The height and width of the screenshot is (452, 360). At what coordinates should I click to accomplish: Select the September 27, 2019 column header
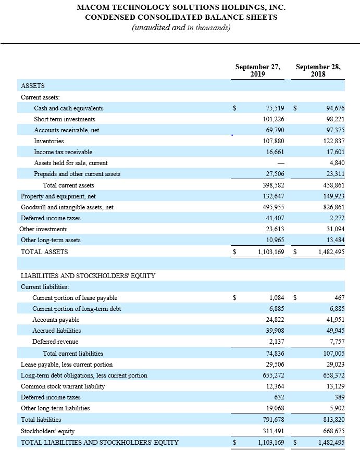pyautogui.click(x=258, y=70)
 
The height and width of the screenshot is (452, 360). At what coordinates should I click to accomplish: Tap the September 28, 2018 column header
pyautogui.click(x=318, y=70)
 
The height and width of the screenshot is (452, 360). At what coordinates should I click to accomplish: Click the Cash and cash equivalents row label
pyautogui.click(x=69, y=108)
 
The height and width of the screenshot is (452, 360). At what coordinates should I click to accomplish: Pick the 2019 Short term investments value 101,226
pyautogui.click(x=272, y=119)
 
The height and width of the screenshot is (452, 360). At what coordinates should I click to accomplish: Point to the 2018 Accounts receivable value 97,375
pyautogui.click(x=333, y=130)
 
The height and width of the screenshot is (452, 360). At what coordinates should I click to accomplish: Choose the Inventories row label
pyautogui.click(x=49, y=141)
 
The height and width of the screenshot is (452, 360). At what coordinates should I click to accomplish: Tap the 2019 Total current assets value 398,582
pyautogui.click(x=272, y=185)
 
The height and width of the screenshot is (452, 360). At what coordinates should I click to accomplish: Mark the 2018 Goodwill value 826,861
pyautogui.click(x=333, y=207)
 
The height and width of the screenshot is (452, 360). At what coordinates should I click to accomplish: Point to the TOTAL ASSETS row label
pyautogui.click(x=44, y=252)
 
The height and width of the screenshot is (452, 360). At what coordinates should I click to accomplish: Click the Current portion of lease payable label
pyautogui.click(x=75, y=298)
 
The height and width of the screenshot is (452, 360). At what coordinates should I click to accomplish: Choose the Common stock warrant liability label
pyautogui.click(x=63, y=386)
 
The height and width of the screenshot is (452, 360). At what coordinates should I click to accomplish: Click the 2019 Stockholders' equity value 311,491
pyautogui.click(x=272, y=431)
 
